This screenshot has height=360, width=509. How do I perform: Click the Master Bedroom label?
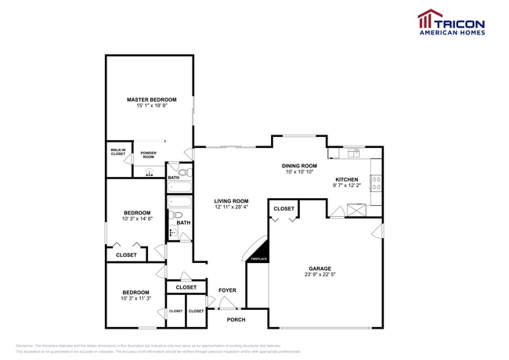click(152, 100)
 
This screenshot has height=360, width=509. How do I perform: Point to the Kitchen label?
click(346, 179)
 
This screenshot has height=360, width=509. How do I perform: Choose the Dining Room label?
click(299, 166)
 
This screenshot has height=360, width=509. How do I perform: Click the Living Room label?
click(231, 201)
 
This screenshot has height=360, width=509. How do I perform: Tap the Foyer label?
click(227, 290)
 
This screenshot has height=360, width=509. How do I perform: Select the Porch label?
click(236, 319)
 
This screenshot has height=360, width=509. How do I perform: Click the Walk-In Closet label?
click(118, 152)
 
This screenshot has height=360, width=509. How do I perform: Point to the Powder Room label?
click(148, 154)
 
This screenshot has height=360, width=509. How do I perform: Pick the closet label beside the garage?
click(283, 209)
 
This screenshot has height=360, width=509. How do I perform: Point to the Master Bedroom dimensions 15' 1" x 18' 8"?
click(152, 106)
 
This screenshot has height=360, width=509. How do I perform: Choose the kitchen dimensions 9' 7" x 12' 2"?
click(346, 185)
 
